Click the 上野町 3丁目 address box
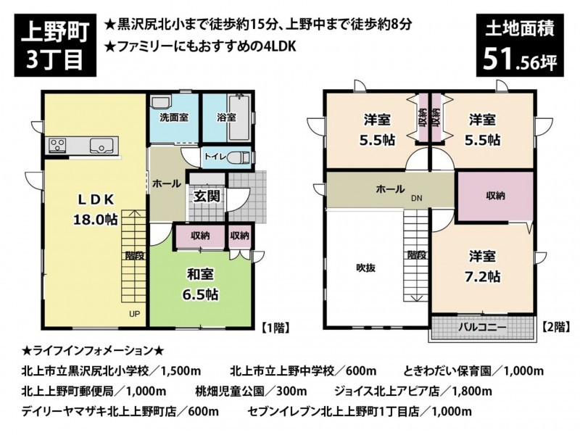pyautogui.click(x=55, y=45)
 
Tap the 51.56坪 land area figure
pyautogui.click(x=519, y=59)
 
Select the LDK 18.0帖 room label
pyautogui.click(x=96, y=209)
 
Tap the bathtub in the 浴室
pyautogui.click(x=239, y=117)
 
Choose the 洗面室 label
pyautogui.click(x=174, y=117)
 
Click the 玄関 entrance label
pyautogui.click(x=207, y=196)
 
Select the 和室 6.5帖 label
pyautogui.click(x=200, y=284)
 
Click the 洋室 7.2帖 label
pyautogui.click(x=482, y=266)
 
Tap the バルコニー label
pyautogui.click(x=482, y=328)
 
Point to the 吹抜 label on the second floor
pyautogui.click(x=365, y=268)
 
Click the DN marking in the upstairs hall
pyautogui.click(x=416, y=199)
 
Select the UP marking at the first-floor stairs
pyautogui.click(x=134, y=314)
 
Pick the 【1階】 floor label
pyautogui.click(x=275, y=328)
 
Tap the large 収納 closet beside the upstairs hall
pyautogui.click(x=495, y=196)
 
